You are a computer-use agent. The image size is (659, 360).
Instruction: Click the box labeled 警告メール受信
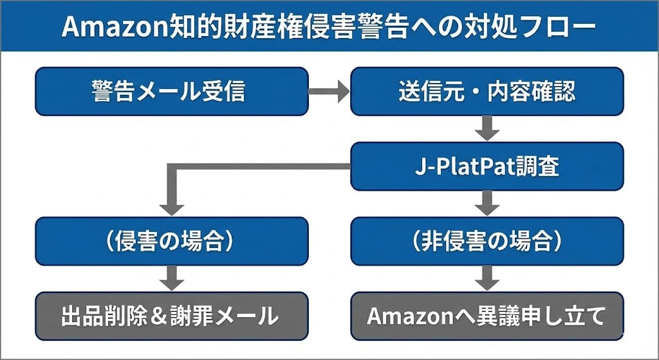click(171, 91)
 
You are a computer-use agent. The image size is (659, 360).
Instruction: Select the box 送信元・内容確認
click(487, 91)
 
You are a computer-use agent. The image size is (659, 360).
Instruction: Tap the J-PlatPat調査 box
click(487, 166)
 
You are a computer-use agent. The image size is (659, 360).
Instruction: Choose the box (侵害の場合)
click(171, 241)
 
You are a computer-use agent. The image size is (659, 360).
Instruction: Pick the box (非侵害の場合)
click(487, 241)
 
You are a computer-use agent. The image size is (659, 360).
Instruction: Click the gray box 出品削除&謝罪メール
click(171, 316)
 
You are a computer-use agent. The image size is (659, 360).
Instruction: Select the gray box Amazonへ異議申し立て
click(487, 316)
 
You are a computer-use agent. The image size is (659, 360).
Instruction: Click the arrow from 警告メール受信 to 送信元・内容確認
click(328, 91)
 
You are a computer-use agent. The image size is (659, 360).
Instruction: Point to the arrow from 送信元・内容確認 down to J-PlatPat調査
click(487, 129)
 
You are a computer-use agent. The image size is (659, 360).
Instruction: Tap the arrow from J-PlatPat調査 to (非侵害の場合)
click(487, 204)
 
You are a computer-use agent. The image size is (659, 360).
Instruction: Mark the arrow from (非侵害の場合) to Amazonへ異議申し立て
click(487, 278)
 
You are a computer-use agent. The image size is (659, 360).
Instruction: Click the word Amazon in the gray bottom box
click(408, 316)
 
